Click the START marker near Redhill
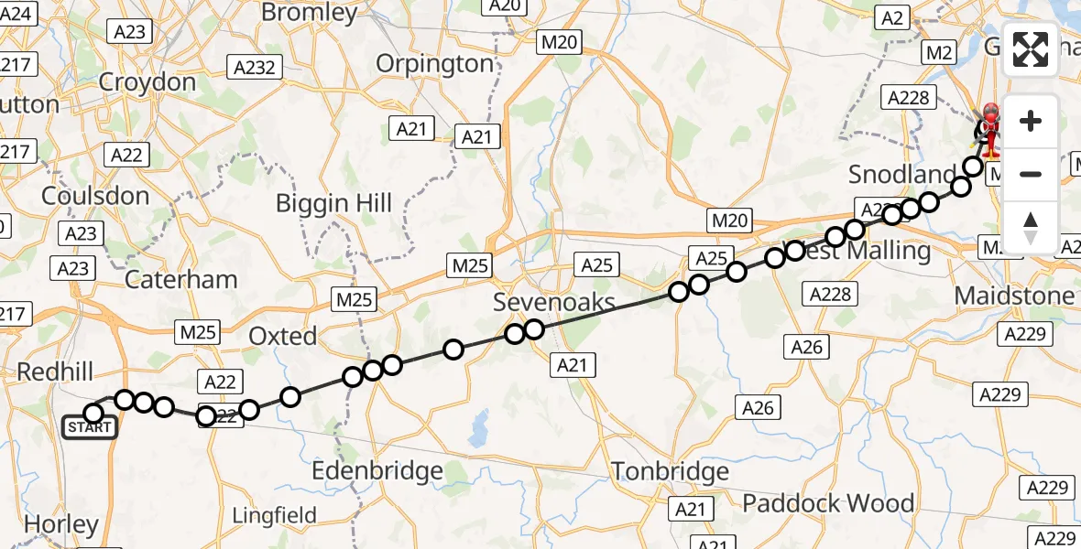(90, 427)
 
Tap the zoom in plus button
(1031, 122)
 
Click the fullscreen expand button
(1031, 49)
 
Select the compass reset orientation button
(1031, 228)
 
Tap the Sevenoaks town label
(553, 301)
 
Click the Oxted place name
(283, 336)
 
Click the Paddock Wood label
(828, 503)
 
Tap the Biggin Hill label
(333, 203)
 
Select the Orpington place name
(435, 64)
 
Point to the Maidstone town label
(1014, 296)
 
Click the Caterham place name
(180, 279)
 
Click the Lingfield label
(275, 515)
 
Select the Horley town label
(61, 524)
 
